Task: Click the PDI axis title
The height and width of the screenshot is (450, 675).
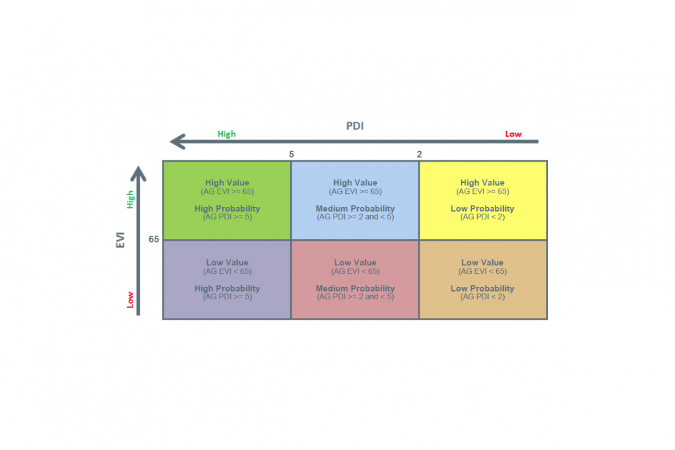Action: pos(355,126)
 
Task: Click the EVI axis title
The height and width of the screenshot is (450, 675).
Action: pos(120,240)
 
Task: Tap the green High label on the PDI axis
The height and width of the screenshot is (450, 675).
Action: pos(227,134)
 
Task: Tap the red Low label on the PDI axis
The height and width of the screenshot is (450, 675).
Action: pos(513,134)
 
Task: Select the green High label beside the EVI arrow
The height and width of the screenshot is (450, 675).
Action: pos(130,200)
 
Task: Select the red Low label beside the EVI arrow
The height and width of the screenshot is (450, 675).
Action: pos(130,300)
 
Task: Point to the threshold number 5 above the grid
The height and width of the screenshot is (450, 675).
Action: pos(292,154)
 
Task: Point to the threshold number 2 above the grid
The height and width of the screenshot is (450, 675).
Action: pos(419,154)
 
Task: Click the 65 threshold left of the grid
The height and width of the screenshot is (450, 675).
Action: pos(154,239)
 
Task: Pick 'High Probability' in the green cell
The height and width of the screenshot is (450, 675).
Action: pos(227,208)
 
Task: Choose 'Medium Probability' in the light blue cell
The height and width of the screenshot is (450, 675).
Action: pos(355,208)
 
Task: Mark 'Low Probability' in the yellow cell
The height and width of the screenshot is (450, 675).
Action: pos(482,208)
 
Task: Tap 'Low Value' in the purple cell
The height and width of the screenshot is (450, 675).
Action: pos(227,263)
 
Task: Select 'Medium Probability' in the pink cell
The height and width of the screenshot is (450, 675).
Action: pos(355,288)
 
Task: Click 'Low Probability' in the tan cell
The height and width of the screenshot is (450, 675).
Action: pos(482,288)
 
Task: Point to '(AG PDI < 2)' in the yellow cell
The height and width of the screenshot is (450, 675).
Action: pos(482,217)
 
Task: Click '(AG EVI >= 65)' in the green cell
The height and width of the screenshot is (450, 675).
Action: pos(227,191)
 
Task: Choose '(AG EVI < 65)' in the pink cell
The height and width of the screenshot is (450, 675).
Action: pos(355,271)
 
